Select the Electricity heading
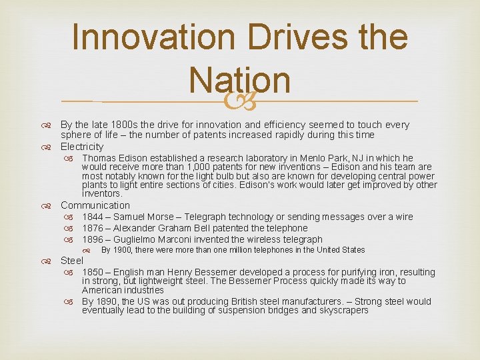pos(82,147)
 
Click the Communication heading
pos(95,205)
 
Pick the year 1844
pos(93,217)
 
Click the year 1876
pos(93,228)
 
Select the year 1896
pos(93,239)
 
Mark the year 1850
pos(93,272)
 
